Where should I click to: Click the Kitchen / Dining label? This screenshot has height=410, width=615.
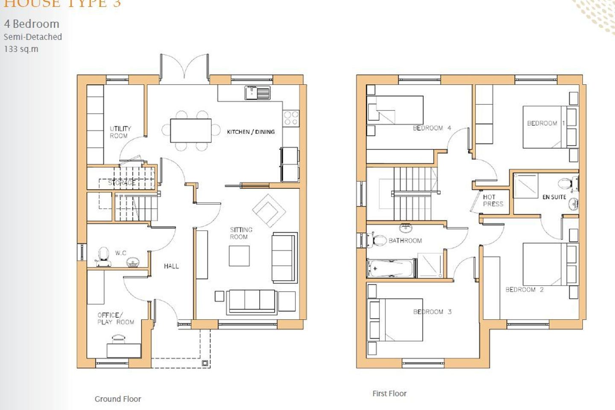pyautogui.click(x=251, y=132)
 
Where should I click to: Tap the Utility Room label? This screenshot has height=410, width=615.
pyautogui.click(x=120, y=132)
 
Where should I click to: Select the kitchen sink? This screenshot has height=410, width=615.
pyautogui.click(x=258, y=92)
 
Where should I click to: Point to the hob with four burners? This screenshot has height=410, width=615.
pyautogui.click(x=291, y=118)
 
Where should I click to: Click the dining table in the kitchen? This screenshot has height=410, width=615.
pyautogui.click(x=191, y=130)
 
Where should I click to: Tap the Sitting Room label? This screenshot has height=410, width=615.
pyautogui.click(x=241, y=233)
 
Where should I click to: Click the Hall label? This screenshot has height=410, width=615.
pyautogui.click(x=171, y=266)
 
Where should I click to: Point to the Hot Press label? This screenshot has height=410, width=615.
pyautogui.click(x=493, y=200)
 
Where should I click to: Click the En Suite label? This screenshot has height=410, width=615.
pyautogui.click(x=554, y=197)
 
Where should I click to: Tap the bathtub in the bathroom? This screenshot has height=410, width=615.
pyautogui.click(x=390, y=269)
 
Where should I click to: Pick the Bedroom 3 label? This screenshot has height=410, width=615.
pyautogui.click(x=432, y=312)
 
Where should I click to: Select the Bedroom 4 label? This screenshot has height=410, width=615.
pyautogui.click(x=432, y=128)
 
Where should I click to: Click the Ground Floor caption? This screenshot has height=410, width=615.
pyautogui.click(x=118, y=399)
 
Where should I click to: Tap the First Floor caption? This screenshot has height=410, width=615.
pyautogui.click(x=389, y=393)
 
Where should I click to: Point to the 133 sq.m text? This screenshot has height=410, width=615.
pyautogui.click(x=21, y=49)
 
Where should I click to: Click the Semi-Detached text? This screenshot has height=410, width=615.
pyautogui.click(x=32, y=37)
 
